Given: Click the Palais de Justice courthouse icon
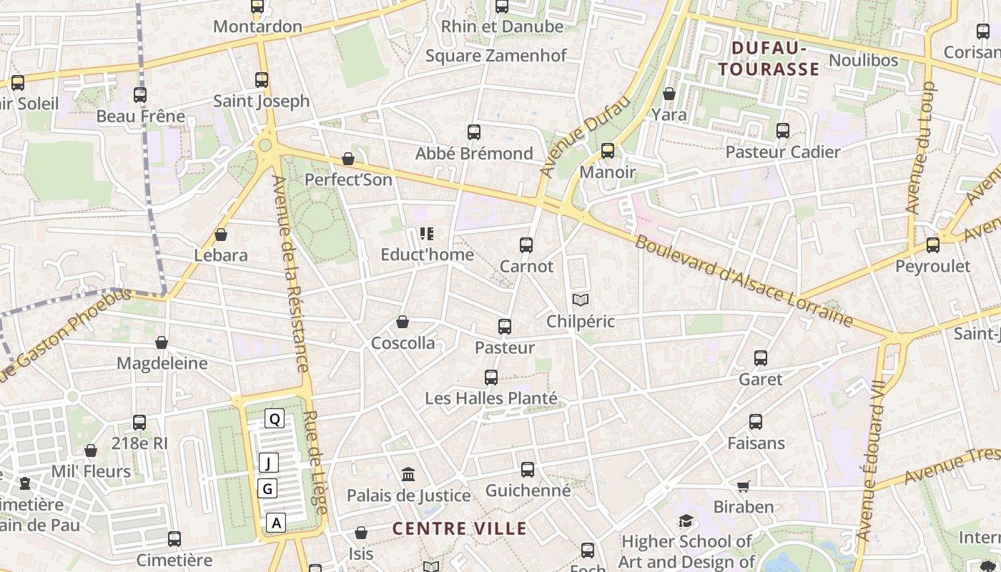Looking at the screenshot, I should click(x=408, y=474).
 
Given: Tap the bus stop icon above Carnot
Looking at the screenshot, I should click(x=526, y=245).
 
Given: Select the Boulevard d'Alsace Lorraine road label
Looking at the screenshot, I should click(x=744, y=281).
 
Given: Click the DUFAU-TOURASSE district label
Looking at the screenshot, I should click(x=769, y=59).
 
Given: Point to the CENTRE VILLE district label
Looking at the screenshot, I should click(x=460, y=529).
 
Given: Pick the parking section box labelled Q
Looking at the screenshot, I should click(x=275, y=419).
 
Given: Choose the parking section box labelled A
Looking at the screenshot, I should click(x=276, y=523).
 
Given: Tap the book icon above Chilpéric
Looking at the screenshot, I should click(x=581, y=300).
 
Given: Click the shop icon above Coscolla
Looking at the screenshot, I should click(x=403, y=322).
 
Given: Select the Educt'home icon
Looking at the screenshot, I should click(x=427, y=233).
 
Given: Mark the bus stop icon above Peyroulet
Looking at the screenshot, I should click(x=933, y=245).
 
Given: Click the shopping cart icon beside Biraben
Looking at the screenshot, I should click(x=744, y=486).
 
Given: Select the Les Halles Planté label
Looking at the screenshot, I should click(x=490, y=398).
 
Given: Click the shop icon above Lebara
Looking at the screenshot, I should click(x=221, y=235).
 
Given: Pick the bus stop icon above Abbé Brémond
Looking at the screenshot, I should click(x=474, y=132).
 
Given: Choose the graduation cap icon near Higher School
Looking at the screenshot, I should click(x=686, y=521).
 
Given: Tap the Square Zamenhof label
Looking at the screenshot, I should click(x=496, y=56).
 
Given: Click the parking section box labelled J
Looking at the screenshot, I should click(x=268, y=463).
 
